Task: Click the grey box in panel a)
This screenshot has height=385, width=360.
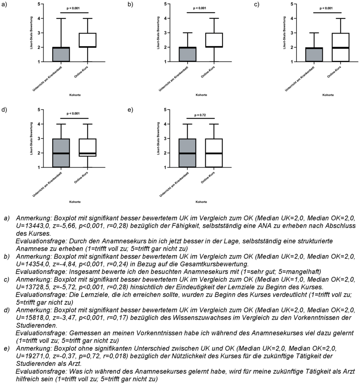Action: pyautogui.click(x=61, y=54)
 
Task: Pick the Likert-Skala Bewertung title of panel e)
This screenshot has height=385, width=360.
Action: pyautogui.click(x=158, y=138)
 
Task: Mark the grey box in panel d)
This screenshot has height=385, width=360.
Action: pyautogui.click(x=61, y=153)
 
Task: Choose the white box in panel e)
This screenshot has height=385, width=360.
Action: pyautogui.click(x=214, y=153)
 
